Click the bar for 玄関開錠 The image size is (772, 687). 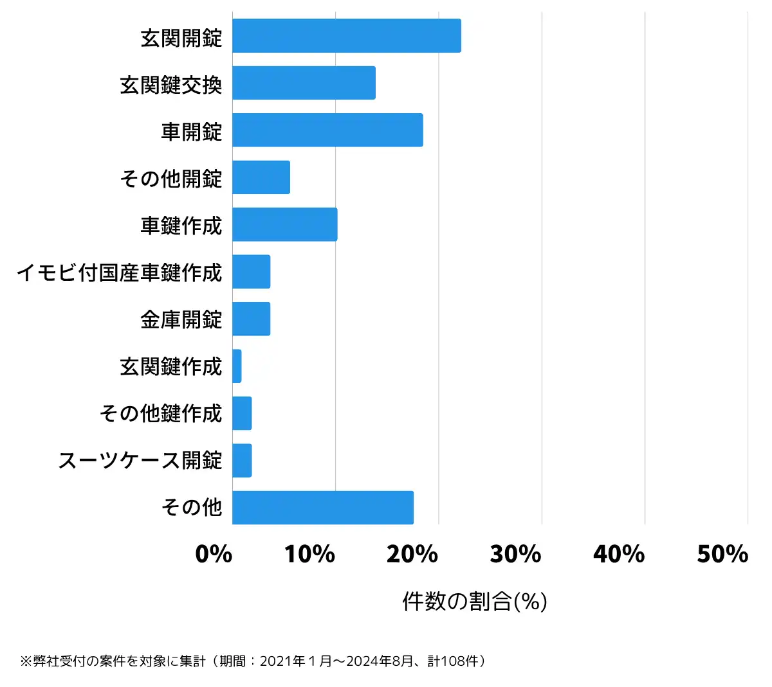coord(346,36)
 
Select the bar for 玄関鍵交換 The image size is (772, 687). coord(304,83)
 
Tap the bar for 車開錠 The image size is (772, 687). coord(327,130)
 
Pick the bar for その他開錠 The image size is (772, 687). coord(261,177)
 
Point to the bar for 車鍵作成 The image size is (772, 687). coord(284,224)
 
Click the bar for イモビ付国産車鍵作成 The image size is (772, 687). coord(252,272)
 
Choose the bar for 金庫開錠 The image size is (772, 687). coord(252,319)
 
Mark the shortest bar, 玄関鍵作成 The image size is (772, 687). coord(237,366)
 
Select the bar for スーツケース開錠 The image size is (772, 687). coord(242,460)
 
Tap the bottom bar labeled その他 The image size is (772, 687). coord(322,508)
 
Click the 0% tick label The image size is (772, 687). coord(214,554)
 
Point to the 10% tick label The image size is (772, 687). coord(309,554)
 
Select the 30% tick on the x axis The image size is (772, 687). coord(515,554)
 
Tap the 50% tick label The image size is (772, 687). coord(722,554)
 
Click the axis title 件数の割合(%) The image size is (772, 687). coord(475,602)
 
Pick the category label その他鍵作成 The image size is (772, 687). coord(161,413)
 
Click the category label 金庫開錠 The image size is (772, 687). coord(181,319)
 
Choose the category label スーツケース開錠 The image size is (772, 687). coord(140,460)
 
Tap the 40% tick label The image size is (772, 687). coord(619,554)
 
